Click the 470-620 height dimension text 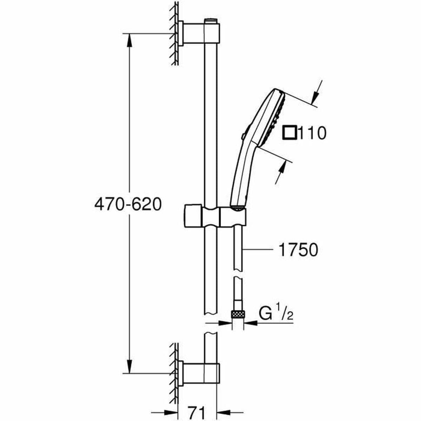coord(128,204)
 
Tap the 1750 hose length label coord(298,250)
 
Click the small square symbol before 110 coord(290,133)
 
